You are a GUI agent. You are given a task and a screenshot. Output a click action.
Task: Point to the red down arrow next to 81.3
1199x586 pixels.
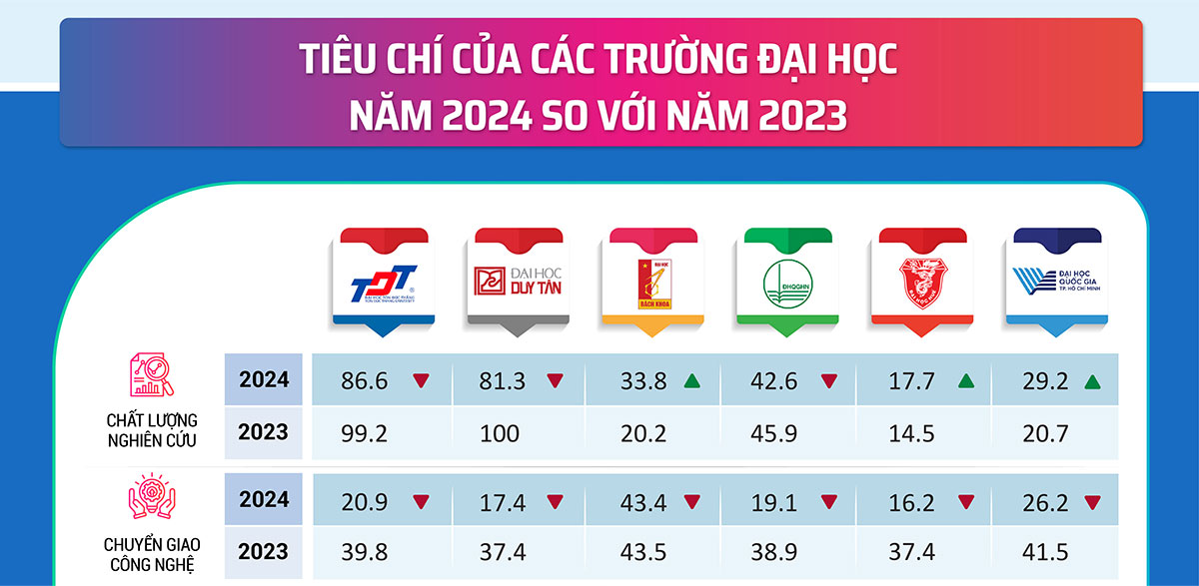(555, 380)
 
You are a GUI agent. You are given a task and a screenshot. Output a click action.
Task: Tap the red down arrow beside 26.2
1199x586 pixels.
(1094, 500)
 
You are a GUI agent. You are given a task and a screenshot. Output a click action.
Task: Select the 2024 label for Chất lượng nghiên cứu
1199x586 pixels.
(264, 380)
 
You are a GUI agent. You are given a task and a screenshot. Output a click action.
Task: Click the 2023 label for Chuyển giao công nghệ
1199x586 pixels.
(264, 552)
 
